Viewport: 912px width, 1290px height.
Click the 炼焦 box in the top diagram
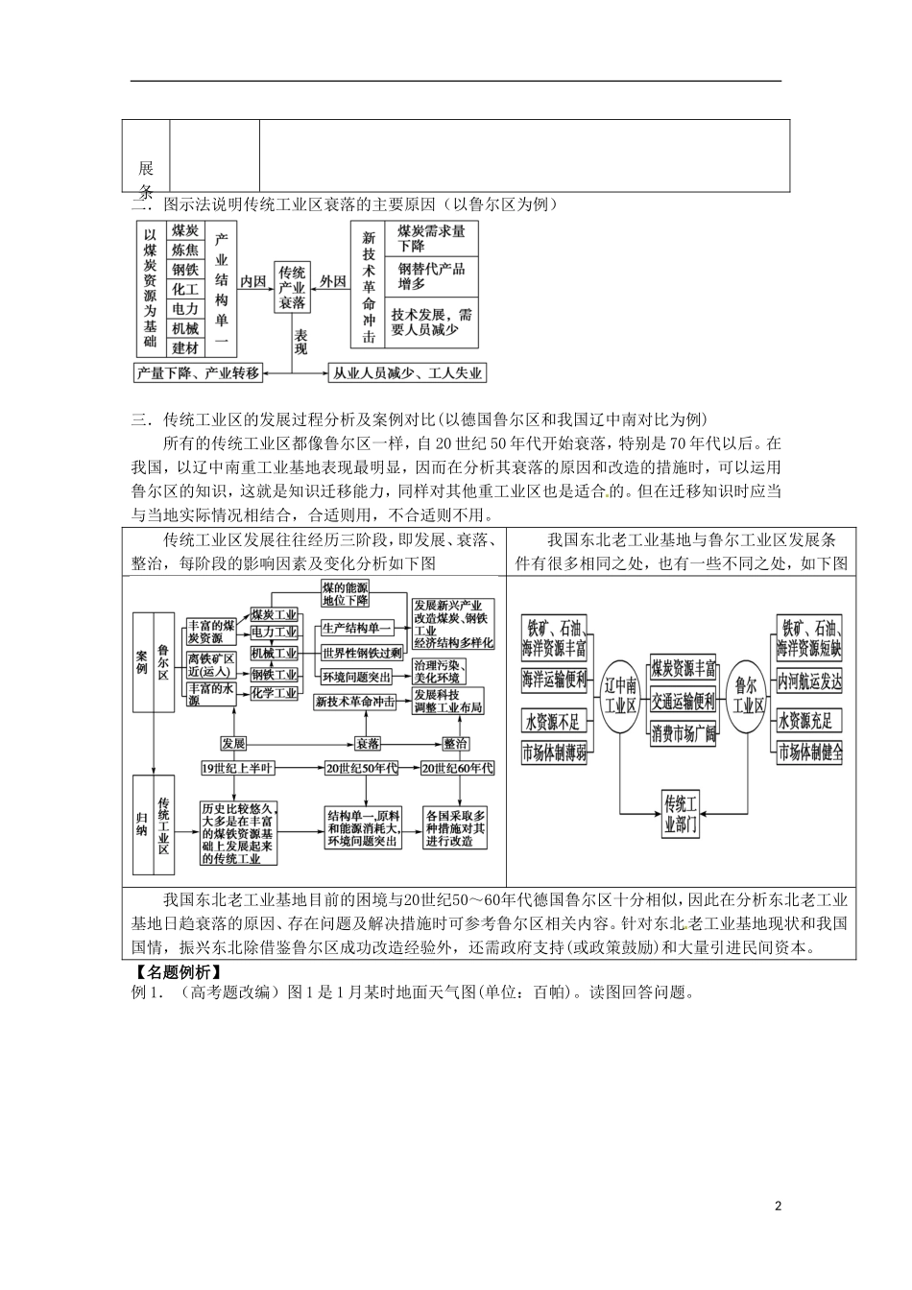185,250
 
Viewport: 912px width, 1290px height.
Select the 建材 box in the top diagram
185,348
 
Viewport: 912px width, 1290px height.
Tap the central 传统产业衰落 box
292,287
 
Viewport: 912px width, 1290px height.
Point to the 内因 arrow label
252,281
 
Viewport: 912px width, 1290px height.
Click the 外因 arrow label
332,281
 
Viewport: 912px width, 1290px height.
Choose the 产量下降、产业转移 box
199,372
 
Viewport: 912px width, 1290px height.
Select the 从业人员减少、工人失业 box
407,372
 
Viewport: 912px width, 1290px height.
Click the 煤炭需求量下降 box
431,238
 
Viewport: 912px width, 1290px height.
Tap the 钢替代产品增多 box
431,276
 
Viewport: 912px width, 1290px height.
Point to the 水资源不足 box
553,720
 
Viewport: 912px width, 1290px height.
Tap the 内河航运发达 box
809,681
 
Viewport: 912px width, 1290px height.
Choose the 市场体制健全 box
809,751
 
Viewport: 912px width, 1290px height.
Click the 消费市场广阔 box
683,734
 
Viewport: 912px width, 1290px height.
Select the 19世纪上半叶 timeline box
237,767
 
